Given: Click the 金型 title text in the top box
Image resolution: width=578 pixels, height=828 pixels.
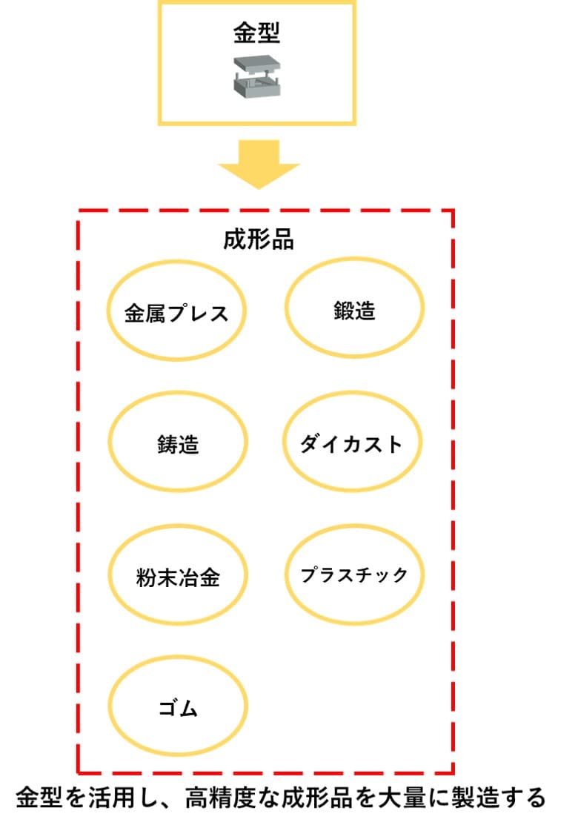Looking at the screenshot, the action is pyautogui.click(x=257, y=33).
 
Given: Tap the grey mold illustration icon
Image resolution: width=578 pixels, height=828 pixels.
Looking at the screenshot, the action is pyautogui.click(x=256, y=76).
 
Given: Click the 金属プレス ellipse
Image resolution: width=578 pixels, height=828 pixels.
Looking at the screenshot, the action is pyautogui.click(x=176, y=313).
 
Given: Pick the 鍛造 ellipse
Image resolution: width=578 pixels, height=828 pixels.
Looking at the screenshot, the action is pyautogui.click(x=354, y=310).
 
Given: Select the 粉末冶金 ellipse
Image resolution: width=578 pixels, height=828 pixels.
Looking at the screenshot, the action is pyautogui.click(x=178, y=576).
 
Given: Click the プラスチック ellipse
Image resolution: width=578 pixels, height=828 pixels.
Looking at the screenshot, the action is pyautogui.click(x=354, y=574).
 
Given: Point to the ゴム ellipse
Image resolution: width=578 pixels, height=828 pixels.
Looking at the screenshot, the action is pyautogui.click(x=178, y=708).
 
